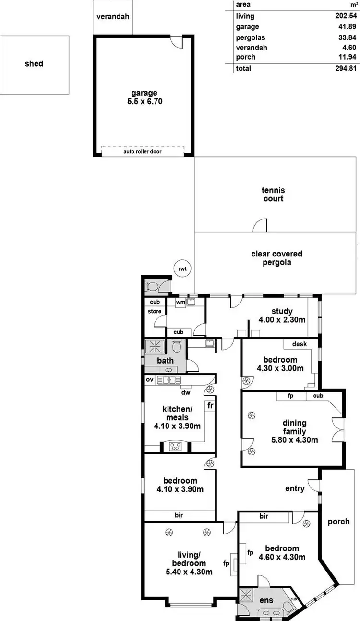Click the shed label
point(34,63)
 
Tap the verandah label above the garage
point(113,16)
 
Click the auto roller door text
point(143,151)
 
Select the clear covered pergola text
point(276,258)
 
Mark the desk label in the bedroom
point(299,344)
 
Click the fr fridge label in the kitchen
point(210,405)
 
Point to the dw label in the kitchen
point(186,392)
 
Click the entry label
point(295,488)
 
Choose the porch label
point(338,521)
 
